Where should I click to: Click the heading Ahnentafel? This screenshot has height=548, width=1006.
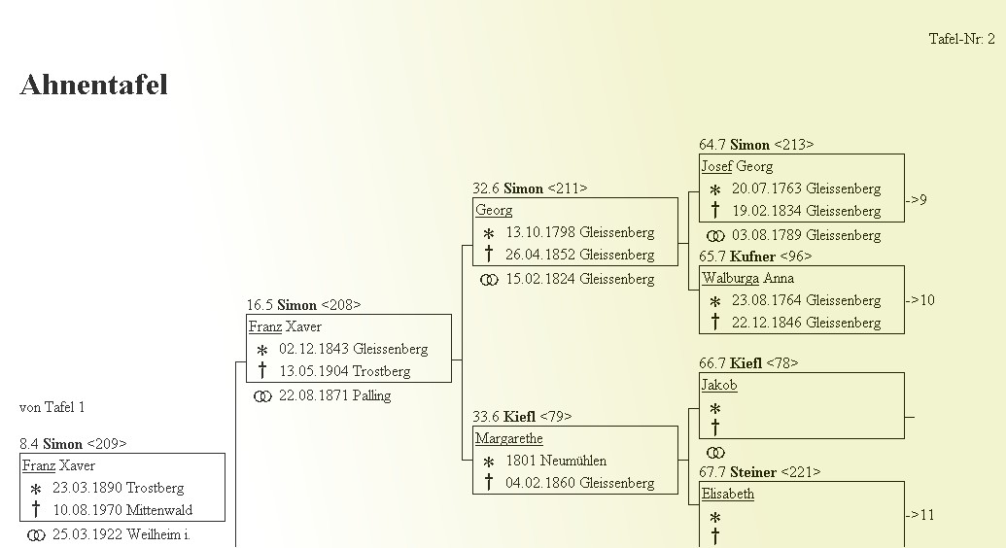pyautogui.click(x=93, y=86)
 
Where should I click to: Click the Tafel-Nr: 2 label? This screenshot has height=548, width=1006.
pyautogui.click(x=961, y=39)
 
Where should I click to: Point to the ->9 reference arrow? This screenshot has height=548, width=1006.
pyautogui.click(x=917, y=200)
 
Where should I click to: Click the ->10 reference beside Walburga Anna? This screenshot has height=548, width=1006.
pyautogui.click(x=919, y=300)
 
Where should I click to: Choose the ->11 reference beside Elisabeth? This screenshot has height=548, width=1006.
pyautogui.click(x=919, y=515)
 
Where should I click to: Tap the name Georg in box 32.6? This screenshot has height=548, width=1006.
pyautogui.click(x=494, y=210)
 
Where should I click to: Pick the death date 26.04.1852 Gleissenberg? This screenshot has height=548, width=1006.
pyautogui.click(x=579, y=255)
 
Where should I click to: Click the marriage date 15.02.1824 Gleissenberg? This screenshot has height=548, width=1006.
pyautogui.click(x=579, y=279)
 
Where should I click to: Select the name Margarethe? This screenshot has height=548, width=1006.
pyautogui.click(x=508, y=438)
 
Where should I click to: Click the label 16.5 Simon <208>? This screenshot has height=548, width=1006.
pyautogui.click(x=303, y=305)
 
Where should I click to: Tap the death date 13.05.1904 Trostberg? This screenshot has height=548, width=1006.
pyautogui.click(x=344, y=371)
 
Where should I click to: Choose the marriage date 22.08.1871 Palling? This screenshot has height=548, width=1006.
pyautogui.click(x=334, y=395)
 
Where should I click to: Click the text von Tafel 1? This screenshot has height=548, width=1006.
pyautogui.click(x=52, y=407)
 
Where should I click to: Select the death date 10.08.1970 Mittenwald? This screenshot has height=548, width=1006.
pyautogui.click(x=122, y=510)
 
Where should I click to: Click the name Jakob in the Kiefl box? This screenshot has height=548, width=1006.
pyautogui.click(x=719, y=385)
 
